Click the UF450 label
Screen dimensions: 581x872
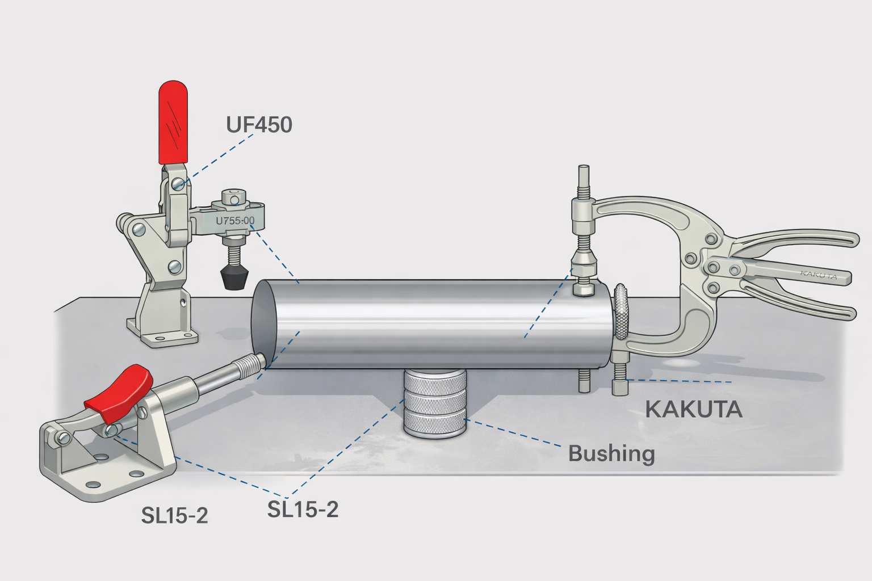pyautogui.click(x=259, y=124)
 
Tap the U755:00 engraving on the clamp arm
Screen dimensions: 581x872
pyautogui.click(x=235, y=221)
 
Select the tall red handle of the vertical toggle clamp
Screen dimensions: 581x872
pyautogui.click(x=173, y=121)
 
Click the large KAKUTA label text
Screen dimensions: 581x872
pyautogui.click(x=694, y=409)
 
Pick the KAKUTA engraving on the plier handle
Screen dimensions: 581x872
pyautogui.click(x=818, y=275)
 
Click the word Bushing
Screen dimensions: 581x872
pyautogui.click(x=611, y=454)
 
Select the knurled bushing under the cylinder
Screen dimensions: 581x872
pyautogui.click(x=434, y=403)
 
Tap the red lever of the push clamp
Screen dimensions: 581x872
pyautogui.click(x=119, y=388)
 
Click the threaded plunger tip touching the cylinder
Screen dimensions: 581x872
pyautogui.click(x=250, y=364)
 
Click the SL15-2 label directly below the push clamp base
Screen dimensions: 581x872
pyautogui.click(x=174, y=516)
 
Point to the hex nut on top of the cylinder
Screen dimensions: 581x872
pyautogui.click(x=584, y=290)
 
